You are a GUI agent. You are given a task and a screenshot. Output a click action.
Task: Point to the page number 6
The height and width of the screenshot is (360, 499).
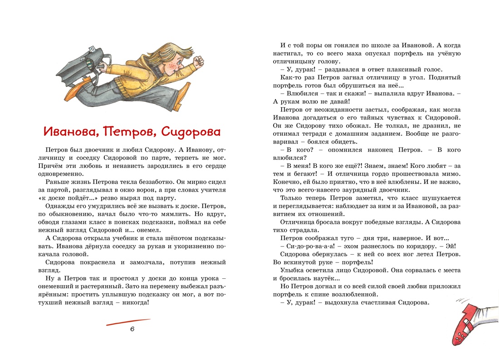(x=132, y=329)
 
